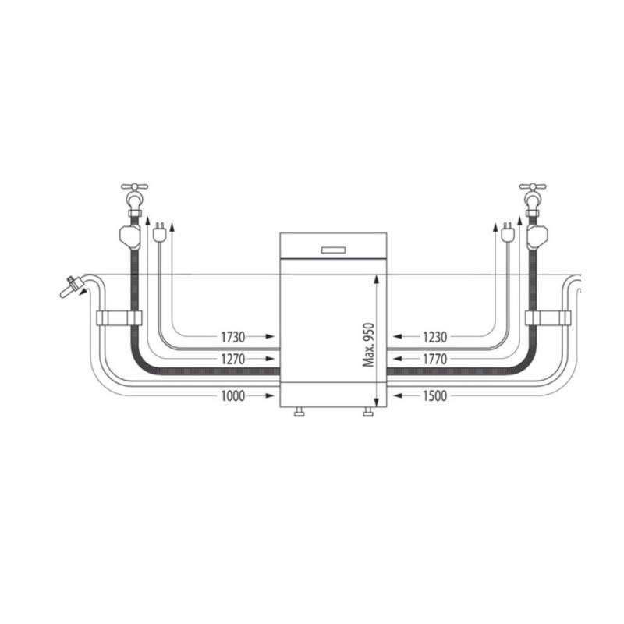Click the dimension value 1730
(232, 337)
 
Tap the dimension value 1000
(232, 396)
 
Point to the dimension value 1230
(434, 337)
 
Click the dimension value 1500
(434, 396)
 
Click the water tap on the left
(134, 195)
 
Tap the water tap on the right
(533, 195)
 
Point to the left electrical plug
(160, 232)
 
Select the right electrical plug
(508, 232)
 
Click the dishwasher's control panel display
(333, 250)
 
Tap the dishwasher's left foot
(299, 413)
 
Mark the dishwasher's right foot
(369, 413)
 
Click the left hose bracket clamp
(119, 317)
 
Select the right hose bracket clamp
(548, 317)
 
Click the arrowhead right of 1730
(270, 337)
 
